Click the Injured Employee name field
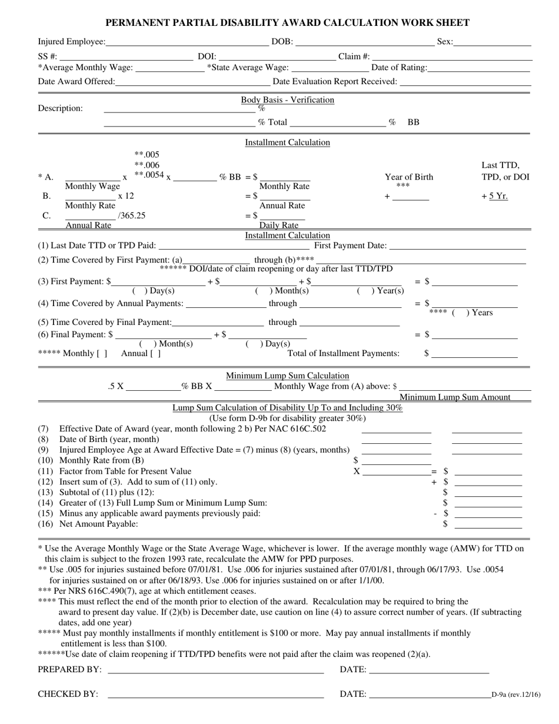tap(187, 42)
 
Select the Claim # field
tap(451, 57)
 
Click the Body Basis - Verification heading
tap(287, 100)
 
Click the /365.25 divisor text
tap(132, 215)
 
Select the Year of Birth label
tap(408, 177)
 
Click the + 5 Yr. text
tap(494, 196)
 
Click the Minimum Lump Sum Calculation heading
tap(287, 376)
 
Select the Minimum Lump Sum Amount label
tap(455, 397)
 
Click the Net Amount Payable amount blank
tap(488, 524)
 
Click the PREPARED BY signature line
tap(215, 670)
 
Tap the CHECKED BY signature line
tap(215, 695)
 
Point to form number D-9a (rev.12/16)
tap(515, 695)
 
